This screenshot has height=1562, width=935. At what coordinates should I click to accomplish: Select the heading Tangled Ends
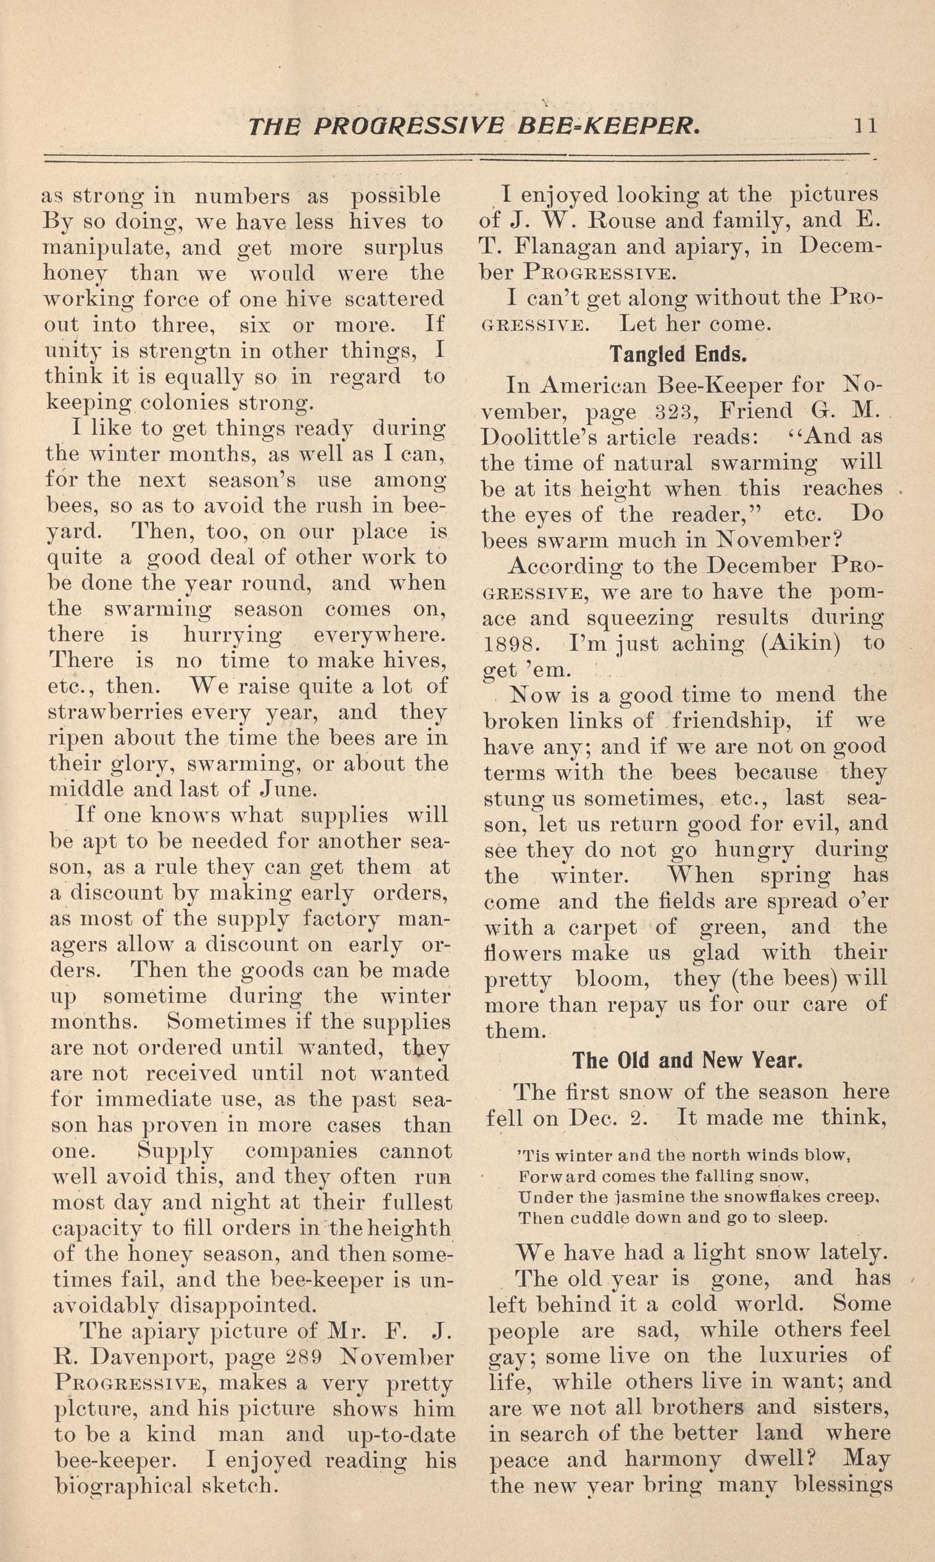coord(678,355)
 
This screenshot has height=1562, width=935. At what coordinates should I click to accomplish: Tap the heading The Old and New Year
coord(688,1060)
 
